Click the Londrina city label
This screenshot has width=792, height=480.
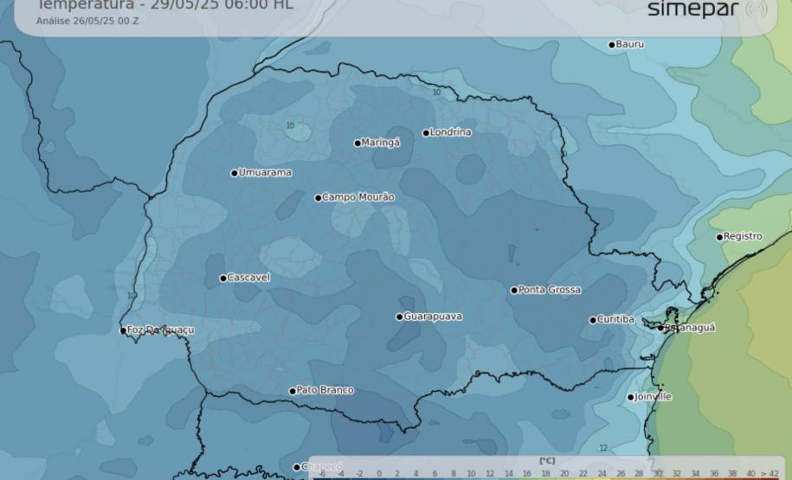pyautogui.click(x=451, y=132)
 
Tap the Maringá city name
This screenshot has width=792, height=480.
pyautogui.click(x=381, y=143)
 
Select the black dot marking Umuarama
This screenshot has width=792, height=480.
pyautogui.click(x=235, y=173)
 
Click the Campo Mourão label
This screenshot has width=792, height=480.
pyautogui.click(x=358, y=197)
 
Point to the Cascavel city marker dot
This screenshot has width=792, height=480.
pyautogui.click(x=223, y=278)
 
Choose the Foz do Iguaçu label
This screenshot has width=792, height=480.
pyautogui.click(x=160, y=330)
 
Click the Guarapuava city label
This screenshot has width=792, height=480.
pyautogui.click(x=433, y=317)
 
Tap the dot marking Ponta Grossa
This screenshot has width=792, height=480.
pyautogui.click(x=514, y=291)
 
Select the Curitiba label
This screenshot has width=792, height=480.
pyautogui.click(x=615, y=319)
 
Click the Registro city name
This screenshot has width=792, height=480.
pyautogui.click(x=743, y=236)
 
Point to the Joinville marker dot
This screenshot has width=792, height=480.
pyautogui.click(x=631, y=398)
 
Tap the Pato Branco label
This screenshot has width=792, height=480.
pyautogui.click(x=325, y=390)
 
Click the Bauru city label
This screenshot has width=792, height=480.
pyautogui.click(x=629, y=44)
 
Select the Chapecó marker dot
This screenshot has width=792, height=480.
pyautogui.click(x=297, y=467)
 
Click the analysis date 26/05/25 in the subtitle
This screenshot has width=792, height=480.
pyautogui.click(x=94, y=21)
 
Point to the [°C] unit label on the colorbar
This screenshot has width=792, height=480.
pyautogui.click(x=546, y=461)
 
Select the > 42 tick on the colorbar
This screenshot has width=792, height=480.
pyautogui.click(x=769, y=474)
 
